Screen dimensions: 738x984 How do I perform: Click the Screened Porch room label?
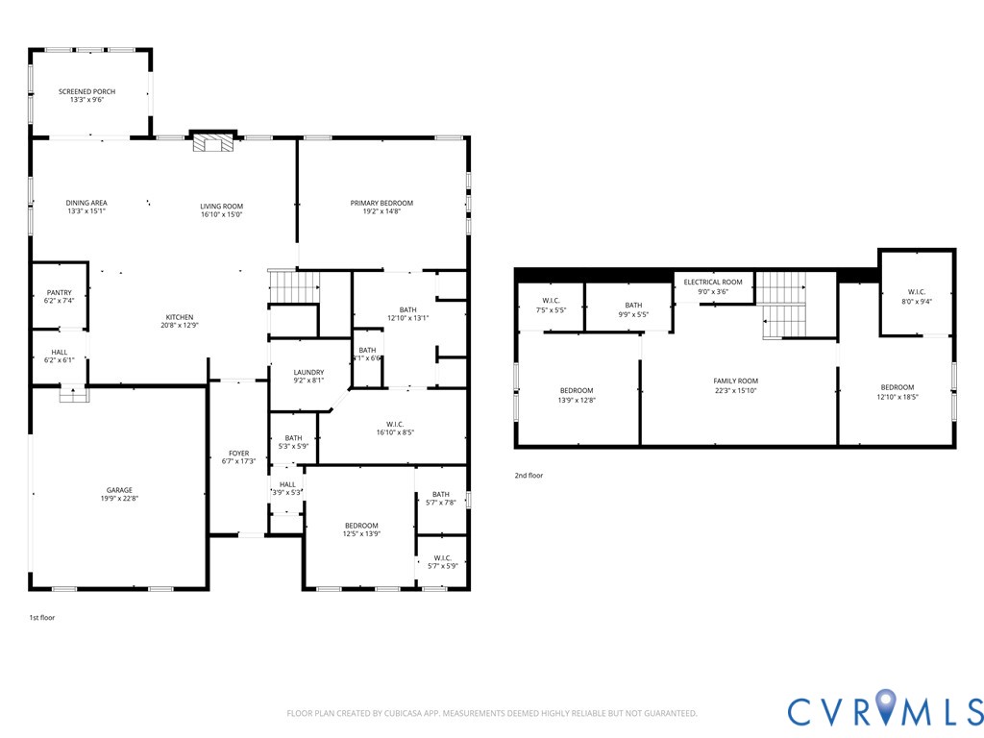pos(86,91)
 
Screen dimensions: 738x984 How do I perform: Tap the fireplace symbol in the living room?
pos(212,142)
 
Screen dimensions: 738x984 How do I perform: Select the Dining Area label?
pos(86,203)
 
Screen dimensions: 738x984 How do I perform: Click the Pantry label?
pos(60,292)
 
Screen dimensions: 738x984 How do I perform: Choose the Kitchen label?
pos(180,317)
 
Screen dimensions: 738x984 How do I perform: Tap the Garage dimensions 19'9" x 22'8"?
pos(119,498)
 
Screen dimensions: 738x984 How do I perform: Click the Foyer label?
pos(238,454)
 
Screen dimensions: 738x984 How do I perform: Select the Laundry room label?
pos(308,372)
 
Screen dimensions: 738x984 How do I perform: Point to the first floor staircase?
pos(294,285)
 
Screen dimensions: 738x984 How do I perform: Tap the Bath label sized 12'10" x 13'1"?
pos(408,309)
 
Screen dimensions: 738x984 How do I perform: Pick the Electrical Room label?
pos(713,282)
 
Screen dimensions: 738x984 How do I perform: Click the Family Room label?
pos(735,381)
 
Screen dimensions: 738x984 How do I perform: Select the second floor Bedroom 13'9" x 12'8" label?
pos(577,391)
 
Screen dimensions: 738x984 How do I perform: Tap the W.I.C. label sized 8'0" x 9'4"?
pos(917,292)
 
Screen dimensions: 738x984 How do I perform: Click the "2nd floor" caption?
pos(529,475)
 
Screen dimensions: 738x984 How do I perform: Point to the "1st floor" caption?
pos(42,617)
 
